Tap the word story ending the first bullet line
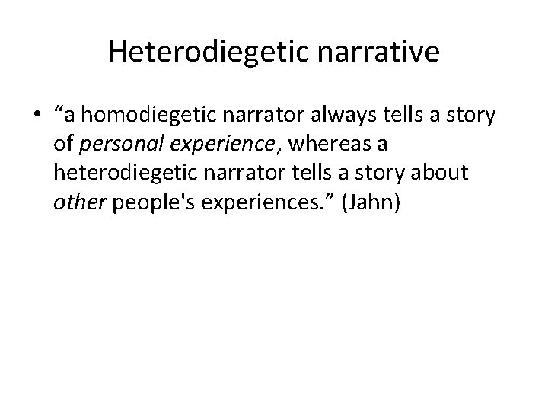coord(472,116)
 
